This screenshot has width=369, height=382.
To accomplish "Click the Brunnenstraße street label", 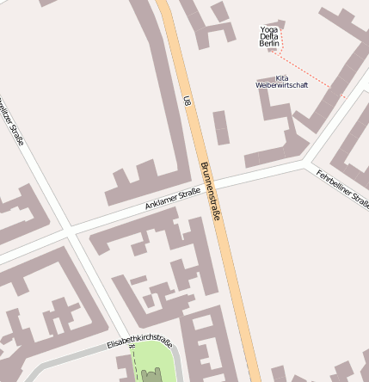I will point(211,190).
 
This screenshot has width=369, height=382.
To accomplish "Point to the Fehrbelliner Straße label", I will point(343,189).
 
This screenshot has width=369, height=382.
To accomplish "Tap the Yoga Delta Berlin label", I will point(269,36).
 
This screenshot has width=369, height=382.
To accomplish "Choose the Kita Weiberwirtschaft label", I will point(281,81).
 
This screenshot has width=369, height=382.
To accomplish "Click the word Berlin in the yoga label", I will point(269,43).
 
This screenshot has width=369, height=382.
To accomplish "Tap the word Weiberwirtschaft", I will point(281,85).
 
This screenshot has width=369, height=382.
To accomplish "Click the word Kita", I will point(281,77).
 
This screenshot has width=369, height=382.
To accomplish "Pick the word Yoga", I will point(269,29).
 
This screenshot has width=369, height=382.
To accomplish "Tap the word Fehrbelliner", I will point(336,183).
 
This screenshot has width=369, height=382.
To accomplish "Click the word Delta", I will point(269,36).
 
